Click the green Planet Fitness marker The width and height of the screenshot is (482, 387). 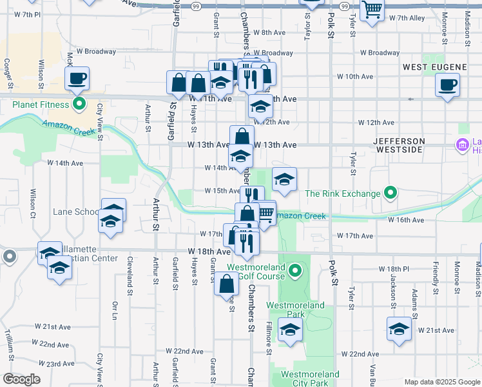tap(79, 104)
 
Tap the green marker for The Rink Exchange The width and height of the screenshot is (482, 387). tap(390, 193)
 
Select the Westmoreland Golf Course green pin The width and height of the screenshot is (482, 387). tap(295, 270)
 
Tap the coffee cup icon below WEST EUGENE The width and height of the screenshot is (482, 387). tap(447, 85)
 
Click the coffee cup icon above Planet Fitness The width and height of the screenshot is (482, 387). tap(77, 79)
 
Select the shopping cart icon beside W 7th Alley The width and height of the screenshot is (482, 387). tap(372, 10)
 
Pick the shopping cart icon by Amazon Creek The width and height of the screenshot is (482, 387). tap(265, 213)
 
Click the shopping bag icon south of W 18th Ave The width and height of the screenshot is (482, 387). tap(227, 284)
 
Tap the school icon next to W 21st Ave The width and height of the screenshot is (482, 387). tap(399, 330)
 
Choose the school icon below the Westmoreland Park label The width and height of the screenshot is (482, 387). tap(290, 330)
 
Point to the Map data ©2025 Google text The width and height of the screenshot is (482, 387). tap(441, 382)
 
